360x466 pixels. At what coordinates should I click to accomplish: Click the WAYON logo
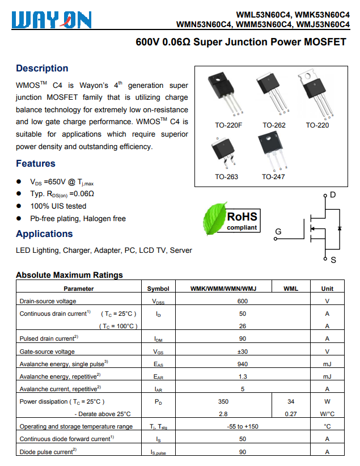(x=52, y=20)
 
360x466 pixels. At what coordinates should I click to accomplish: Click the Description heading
(x=42, y=69)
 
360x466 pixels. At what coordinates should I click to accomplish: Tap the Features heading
(x=36, y=164)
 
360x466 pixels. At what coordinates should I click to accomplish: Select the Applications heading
(x=44, y=234)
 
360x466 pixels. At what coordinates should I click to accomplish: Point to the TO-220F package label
(x=228, y=125)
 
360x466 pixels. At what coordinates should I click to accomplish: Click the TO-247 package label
(x=273, y=177)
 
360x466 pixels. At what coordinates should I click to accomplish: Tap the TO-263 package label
(x=226, y=177)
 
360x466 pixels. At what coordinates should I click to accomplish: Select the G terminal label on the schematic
(x=278, y=232)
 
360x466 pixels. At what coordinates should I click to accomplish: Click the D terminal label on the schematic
(x=333, y=195)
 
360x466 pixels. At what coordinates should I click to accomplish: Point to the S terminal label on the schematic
(x=333, y=260)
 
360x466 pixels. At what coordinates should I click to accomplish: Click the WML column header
(x=290, y=289)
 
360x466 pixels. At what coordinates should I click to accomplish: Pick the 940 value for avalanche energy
(x=243, y=364)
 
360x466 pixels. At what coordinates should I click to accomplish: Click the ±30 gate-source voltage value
(x=243, y=351)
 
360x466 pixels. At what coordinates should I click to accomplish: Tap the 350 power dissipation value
(x=223, y=401)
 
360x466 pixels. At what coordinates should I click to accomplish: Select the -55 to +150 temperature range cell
(x=243, y=426)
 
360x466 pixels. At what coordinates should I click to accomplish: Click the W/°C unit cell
(x=327, y=414)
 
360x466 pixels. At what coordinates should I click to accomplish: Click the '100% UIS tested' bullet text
(x=58, y=206)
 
